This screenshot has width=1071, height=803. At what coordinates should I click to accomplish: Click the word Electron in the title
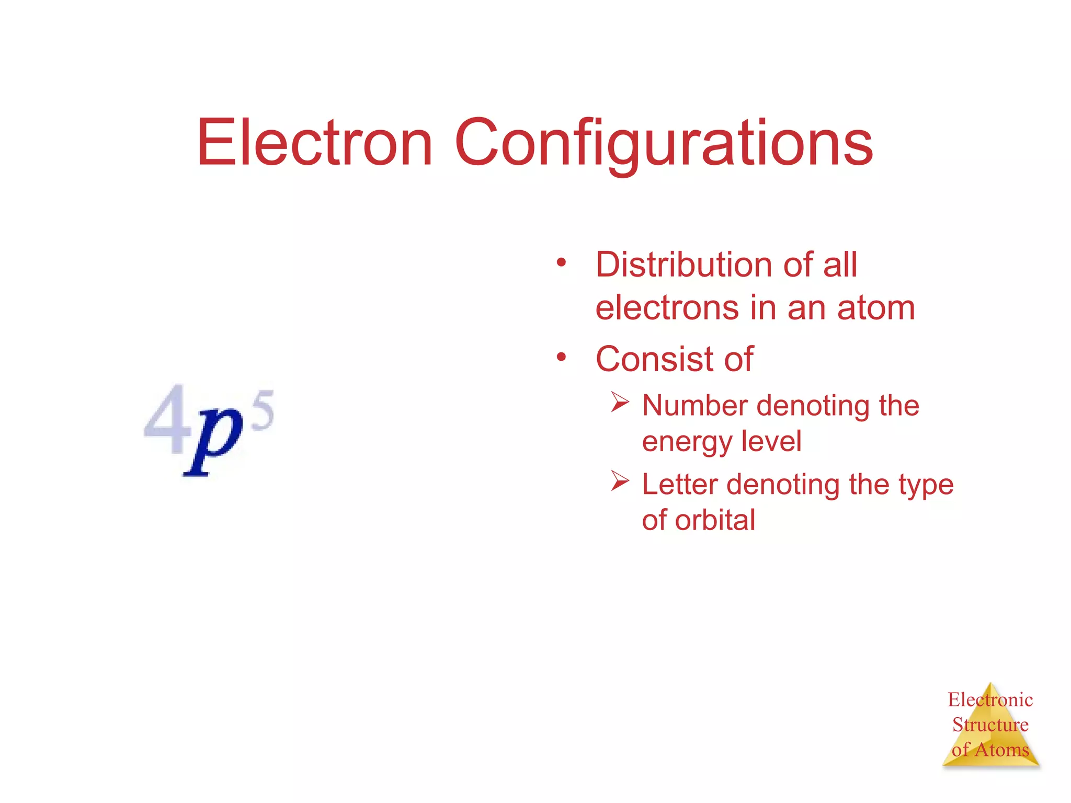[314, 142]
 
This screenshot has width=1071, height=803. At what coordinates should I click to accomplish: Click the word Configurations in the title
[664, 144]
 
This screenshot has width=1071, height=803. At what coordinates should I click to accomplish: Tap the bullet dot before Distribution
[562, 262]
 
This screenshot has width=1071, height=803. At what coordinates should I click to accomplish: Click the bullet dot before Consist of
[562, 357]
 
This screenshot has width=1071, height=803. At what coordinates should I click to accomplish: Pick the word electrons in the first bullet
[667, 308]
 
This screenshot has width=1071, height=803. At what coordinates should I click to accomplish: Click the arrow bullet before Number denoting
[620, 403]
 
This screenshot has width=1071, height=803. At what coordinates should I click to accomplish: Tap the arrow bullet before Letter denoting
[620, 481]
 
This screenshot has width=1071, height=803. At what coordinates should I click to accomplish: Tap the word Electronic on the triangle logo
[990, 699]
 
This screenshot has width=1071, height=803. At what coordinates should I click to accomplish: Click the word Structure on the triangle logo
[990, 725]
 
